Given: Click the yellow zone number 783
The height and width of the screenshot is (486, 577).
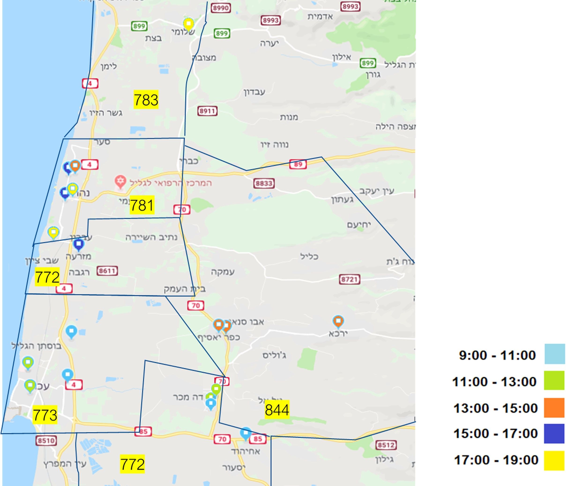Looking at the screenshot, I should (x=146, y=100).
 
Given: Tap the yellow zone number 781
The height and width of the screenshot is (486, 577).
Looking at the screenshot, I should (x=142, y=205).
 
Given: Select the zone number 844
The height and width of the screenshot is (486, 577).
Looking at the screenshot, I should (x=277, y=410).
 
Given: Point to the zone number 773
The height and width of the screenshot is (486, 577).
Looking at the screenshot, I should (x=45, y=415).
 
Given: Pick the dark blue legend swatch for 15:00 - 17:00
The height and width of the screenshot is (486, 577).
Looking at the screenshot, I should (x=554, y=434).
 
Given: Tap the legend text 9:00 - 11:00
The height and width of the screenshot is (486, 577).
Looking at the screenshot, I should (x=497, y=355).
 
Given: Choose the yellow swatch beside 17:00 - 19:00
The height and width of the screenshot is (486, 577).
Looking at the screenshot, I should (x=554, y=460).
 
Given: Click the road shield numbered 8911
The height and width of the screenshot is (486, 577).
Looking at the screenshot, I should (x=207, y=111).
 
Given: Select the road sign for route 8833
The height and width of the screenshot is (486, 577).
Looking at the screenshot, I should (x=264, y=183).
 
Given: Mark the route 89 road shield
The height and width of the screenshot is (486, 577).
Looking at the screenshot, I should (x=298, y=164).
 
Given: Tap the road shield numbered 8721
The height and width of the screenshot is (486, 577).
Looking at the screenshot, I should (x=350, y=279).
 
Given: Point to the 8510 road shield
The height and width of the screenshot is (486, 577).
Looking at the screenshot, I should (x=46, y=441).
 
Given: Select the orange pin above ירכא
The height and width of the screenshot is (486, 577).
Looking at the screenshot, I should (x=338, y=321).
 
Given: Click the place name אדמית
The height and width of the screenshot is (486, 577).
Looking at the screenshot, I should (x=320, y=17).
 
